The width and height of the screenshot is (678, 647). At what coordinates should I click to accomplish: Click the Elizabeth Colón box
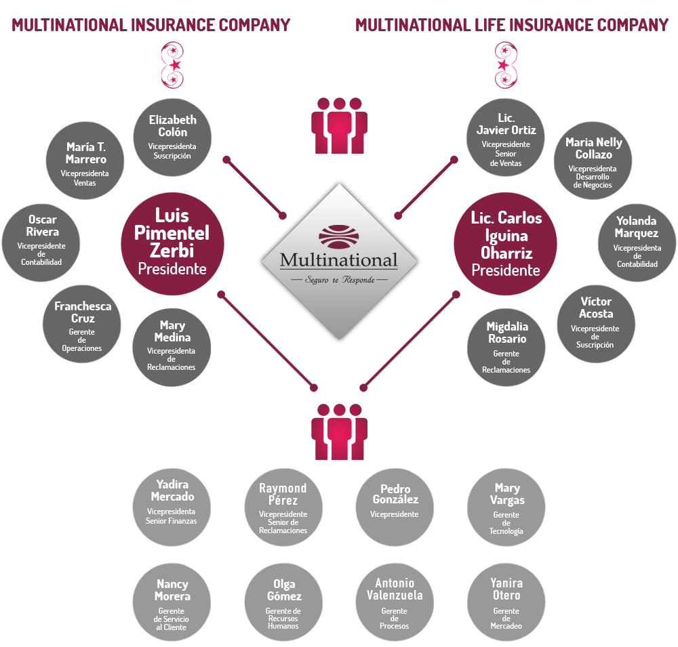pyautogui.click(x=173, y=137)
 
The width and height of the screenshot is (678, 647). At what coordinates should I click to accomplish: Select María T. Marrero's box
pyautogui.click(x=86, y=161)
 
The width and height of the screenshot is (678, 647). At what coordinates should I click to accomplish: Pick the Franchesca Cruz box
pyautogui.click(x=81, y=324)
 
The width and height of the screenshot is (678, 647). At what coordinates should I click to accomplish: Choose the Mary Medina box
pyautogui.click(x=172, y=347)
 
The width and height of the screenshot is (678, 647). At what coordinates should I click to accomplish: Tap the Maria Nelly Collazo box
pyautogui.click(x=593, y=161)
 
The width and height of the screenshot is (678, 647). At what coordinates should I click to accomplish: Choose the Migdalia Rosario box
pyautogui.click(x=506, y=348)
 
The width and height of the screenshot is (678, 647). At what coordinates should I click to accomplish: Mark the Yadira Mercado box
pyautogui.click(x=172, y=507)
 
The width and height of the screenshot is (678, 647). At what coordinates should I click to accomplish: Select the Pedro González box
pyautogui.click(x=395, y=507)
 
